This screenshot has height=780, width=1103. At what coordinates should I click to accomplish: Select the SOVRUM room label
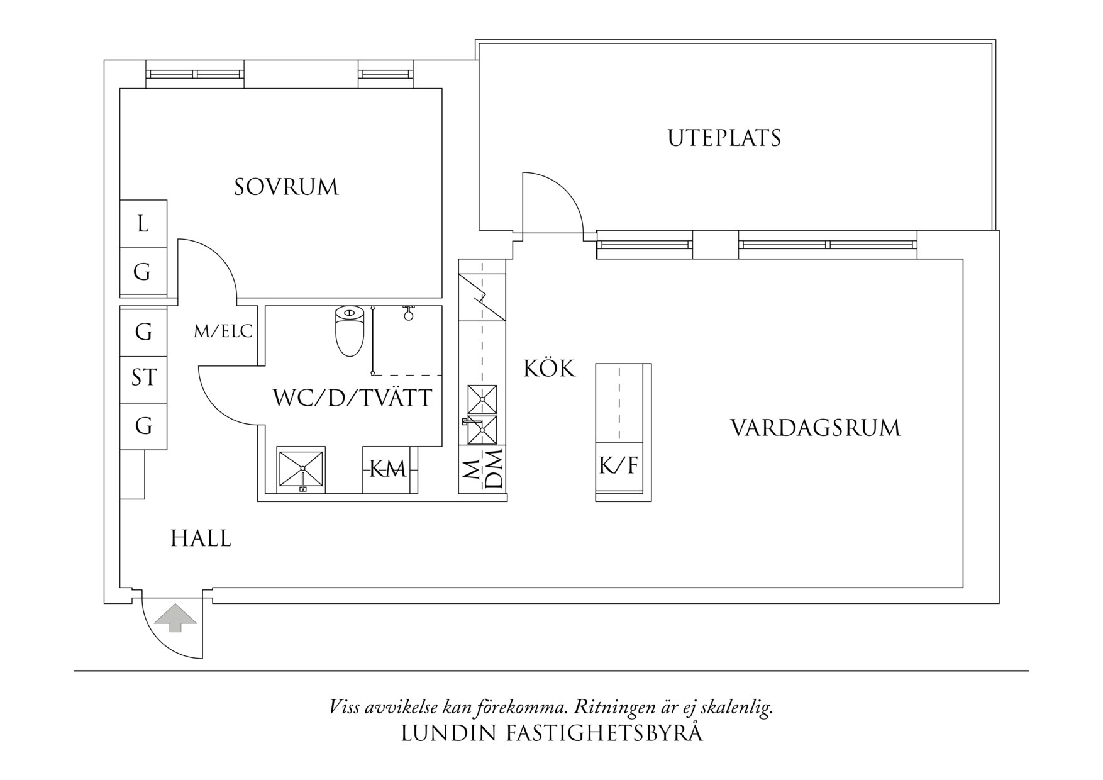(x=286, y=187)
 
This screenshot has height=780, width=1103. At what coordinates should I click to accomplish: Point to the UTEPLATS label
(x=724, y=138)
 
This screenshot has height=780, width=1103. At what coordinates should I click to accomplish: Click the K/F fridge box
(x=619, y=466)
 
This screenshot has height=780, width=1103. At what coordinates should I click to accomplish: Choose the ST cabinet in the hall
(x=144, y=378)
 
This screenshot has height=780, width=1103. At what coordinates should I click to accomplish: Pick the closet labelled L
(x=143, y=224)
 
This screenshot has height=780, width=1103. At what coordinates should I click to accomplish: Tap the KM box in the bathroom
(x=387, y=469)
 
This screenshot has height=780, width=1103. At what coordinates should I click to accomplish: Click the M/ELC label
(x=223, y=331)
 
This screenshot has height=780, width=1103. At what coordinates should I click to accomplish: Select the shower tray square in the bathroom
(x=301, y=469)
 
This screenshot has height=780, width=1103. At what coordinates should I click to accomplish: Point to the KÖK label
(x=549, y=369)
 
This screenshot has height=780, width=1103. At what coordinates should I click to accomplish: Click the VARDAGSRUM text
(x=815, y=428)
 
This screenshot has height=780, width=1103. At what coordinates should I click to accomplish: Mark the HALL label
(x=201, y=539)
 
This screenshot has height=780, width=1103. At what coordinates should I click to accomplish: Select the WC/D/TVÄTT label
(x=352, y=398)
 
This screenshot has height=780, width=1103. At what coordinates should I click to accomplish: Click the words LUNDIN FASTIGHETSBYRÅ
(x=551, y=733)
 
